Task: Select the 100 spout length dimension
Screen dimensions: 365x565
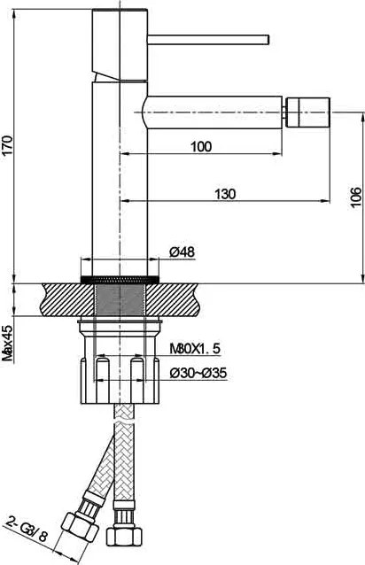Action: pyautogui.click(x=201, y=147)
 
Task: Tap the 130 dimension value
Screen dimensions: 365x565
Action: pyautogui.click(x=226, y=194)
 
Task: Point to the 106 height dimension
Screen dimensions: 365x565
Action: pyautogui.click(x=355, y=197)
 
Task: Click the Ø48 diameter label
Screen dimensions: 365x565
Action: pyautogui.click(x=182, y=252)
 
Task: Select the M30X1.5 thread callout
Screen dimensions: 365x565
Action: pyautogui.click(x=195, y=348)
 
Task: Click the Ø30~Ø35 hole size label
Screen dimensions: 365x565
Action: pyautogui.click(x=198, y=373)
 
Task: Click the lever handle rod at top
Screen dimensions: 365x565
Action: pyautogui.click(x=208, y=40)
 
